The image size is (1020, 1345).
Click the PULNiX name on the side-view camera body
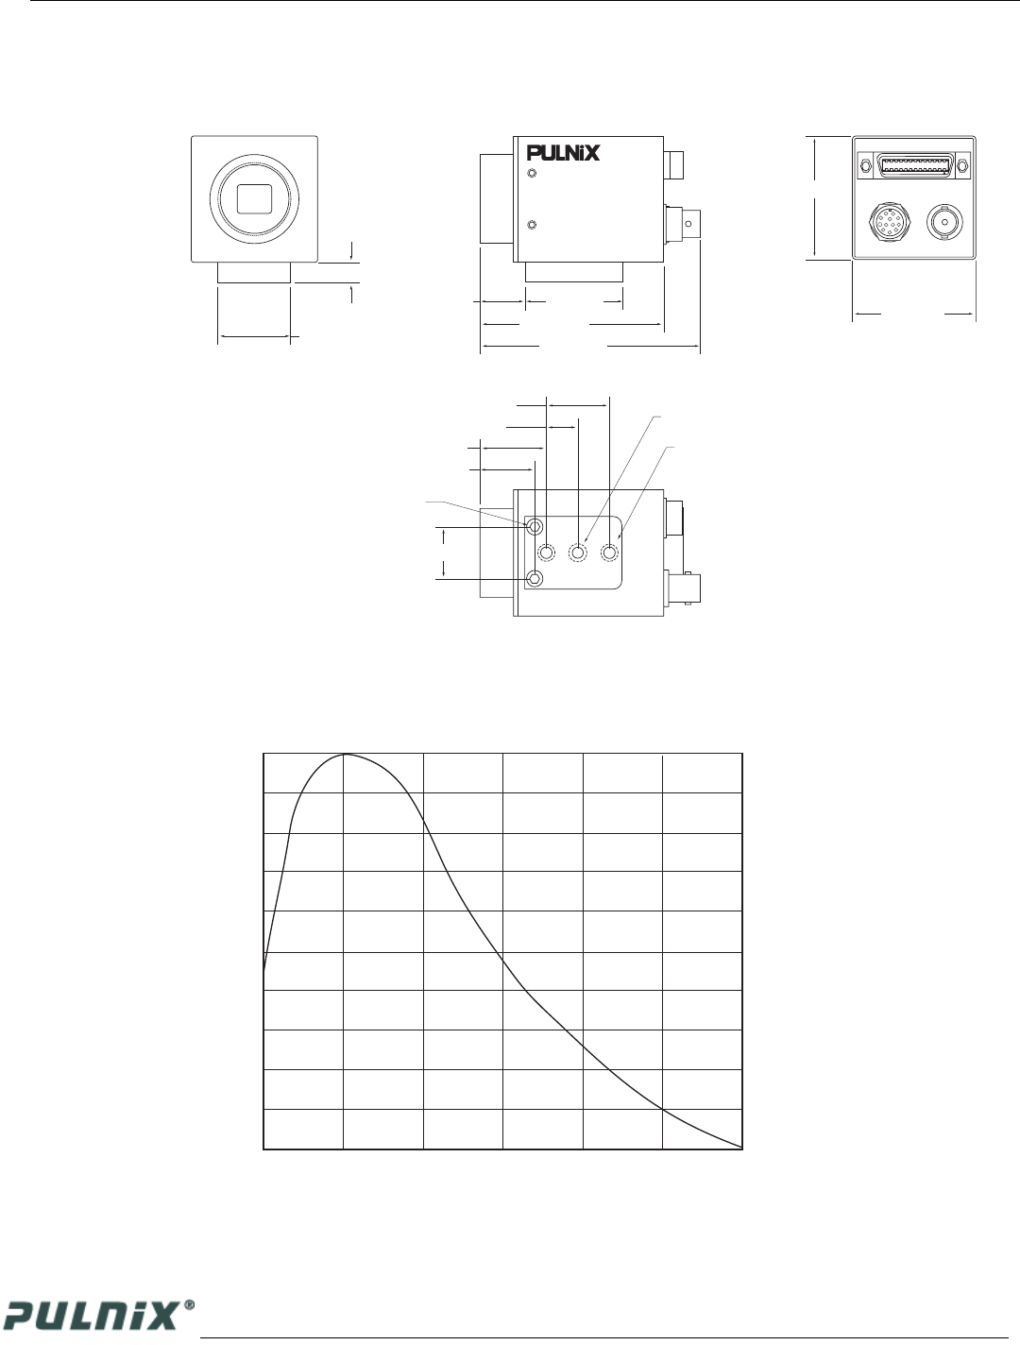[563, 153]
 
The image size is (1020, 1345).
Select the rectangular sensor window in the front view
[254, 199]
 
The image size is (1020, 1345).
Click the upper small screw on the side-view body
[533, 174]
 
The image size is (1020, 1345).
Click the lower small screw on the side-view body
[533, 225]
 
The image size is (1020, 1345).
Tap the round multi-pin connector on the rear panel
[890, 224]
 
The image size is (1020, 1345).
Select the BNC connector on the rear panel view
[944, 222]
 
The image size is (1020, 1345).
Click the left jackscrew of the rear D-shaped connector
[866, 166]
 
